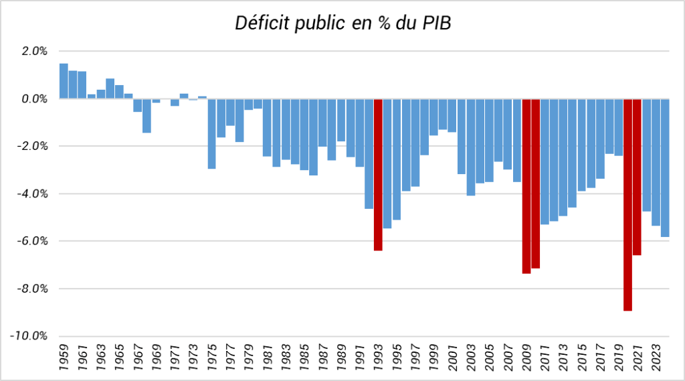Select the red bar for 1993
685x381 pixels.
pos(378,174)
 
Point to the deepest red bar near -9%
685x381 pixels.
pos(628,204)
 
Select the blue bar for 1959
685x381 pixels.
pos(64,81)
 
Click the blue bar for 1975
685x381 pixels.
pos(212,133)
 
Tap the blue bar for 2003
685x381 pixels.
pos(471,147)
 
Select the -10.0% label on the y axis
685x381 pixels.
pos(30,336)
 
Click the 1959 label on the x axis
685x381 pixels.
pos(64,356)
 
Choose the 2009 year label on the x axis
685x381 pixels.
pos(526,356)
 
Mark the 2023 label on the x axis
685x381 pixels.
pos(656,356)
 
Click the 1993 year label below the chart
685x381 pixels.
pos(379,356)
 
